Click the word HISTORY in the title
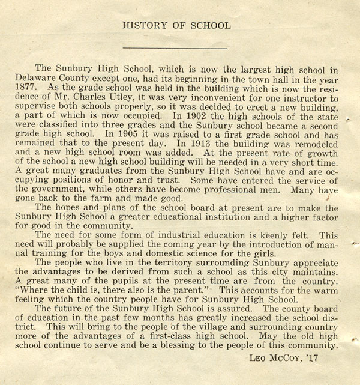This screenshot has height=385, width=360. click(142, 25)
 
